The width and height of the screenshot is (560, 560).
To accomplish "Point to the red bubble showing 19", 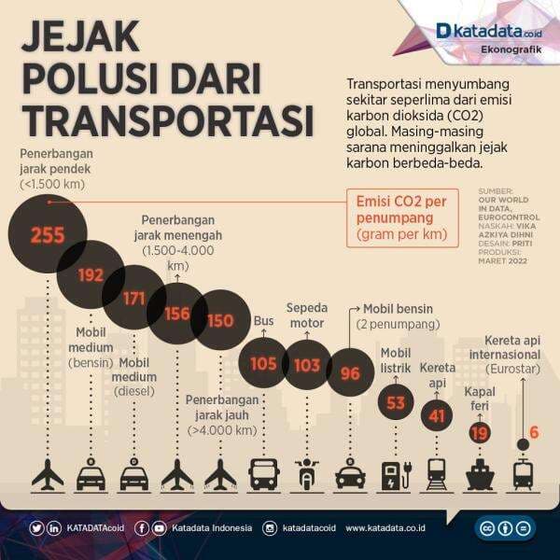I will tap(480, 432).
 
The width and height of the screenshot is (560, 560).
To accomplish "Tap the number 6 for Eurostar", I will tap(534, 432).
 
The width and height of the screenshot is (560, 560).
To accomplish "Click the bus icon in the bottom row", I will tap(263, 475).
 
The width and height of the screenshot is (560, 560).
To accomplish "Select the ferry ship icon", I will tap(480, 475).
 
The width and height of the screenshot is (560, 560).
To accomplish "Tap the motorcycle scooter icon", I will tap(307, 475).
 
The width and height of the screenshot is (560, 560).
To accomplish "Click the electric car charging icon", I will tap(395, 475).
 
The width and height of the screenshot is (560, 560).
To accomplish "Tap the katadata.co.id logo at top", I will tap(483, 31).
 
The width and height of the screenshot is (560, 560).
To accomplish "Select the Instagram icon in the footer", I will tap(270, 528).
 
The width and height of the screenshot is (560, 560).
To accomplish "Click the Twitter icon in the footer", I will tap(36, 528).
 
